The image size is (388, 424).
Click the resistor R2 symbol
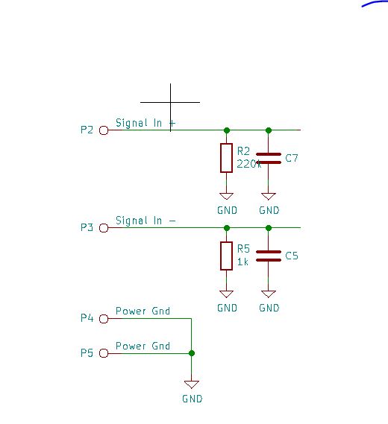pos(226,158)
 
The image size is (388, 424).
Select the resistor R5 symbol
pos(226,256)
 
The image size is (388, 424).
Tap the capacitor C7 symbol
pos(269,158)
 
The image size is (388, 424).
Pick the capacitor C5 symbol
pos(269,256)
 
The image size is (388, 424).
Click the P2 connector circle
pos(104,130)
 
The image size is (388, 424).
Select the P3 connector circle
pos(104,227)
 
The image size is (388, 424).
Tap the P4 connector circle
pos(104,318)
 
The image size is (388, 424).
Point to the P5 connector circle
pos(104,353)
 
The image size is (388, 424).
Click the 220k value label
pos(248,163)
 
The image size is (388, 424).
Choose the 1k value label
pos(242,262)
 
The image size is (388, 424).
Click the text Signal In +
pos(145,123)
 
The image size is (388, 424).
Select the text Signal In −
pos(145,221)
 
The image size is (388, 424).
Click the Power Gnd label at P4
pos(143,311)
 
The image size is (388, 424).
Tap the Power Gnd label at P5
pos(143,346)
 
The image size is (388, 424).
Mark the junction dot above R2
pos(227,130)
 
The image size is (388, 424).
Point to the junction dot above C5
pos(269,227)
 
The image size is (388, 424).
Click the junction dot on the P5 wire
pos(192,353)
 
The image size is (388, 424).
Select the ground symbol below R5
pos(227,294)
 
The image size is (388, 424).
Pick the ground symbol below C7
pos(269,197)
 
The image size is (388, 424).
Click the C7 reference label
pos(292,158)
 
